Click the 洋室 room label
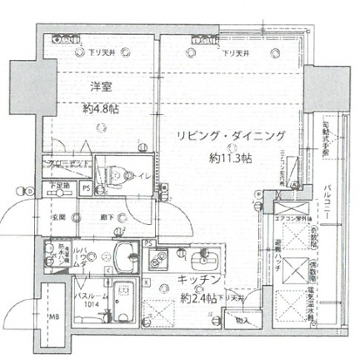point(97,87)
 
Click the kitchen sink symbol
point(162,259)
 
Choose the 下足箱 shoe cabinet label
point(62,186)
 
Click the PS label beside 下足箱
point(85,187)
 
